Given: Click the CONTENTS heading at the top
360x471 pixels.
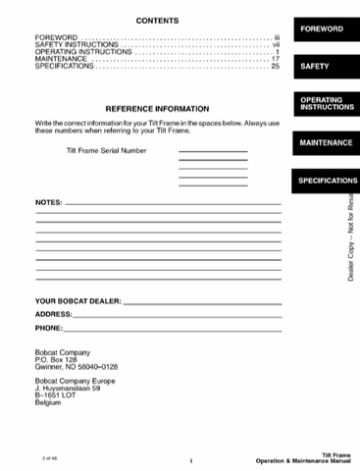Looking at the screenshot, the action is (x=157, y=21).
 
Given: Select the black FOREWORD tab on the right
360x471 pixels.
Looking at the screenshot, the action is (x=322, y=29).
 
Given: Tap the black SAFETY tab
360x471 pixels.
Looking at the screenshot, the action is (x=315, y=67).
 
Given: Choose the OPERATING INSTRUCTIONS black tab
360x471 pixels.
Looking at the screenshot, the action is (x=322, y=104).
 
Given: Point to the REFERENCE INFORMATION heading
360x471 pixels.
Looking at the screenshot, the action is (x=157, y=108).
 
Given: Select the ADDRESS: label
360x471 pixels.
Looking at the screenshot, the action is (x=54, y=314).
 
